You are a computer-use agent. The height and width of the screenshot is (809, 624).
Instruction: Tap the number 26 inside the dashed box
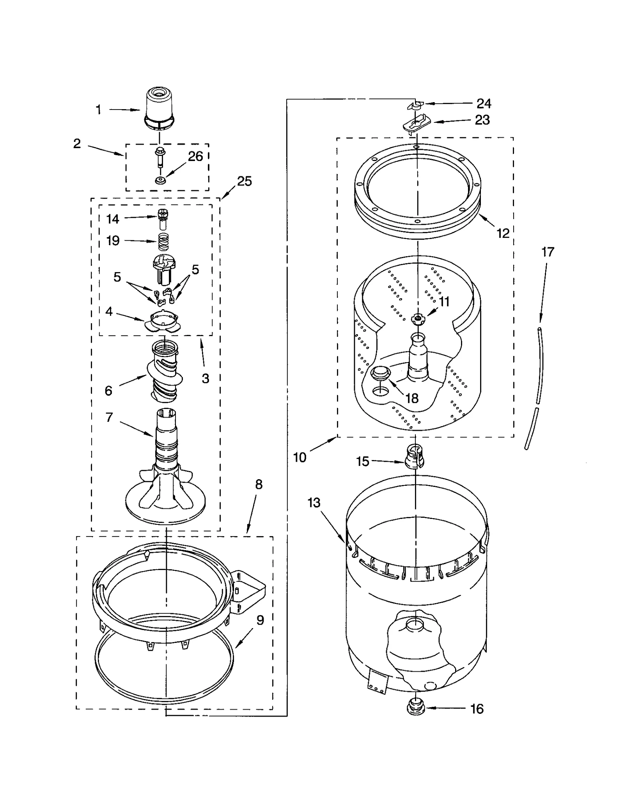[195, 156]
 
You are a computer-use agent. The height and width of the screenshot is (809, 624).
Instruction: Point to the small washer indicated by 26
[160, 180]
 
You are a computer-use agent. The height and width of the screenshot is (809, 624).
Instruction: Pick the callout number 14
[113, 219]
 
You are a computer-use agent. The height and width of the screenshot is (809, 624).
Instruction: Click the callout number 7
[109, 417]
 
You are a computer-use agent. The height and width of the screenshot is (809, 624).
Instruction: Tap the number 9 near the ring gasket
[260, 620]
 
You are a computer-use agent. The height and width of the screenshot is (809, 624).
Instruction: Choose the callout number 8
[259, 484]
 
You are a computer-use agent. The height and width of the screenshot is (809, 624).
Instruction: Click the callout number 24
[484, 103]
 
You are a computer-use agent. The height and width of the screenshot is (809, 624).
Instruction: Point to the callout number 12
[503, 233]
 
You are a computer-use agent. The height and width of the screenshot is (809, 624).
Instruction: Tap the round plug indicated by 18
[380, 374]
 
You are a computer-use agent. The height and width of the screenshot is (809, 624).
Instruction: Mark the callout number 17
[548, 252]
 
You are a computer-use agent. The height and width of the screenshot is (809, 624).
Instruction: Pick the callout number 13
[314, 503]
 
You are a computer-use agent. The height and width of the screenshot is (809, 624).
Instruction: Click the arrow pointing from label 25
[229, 191]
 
